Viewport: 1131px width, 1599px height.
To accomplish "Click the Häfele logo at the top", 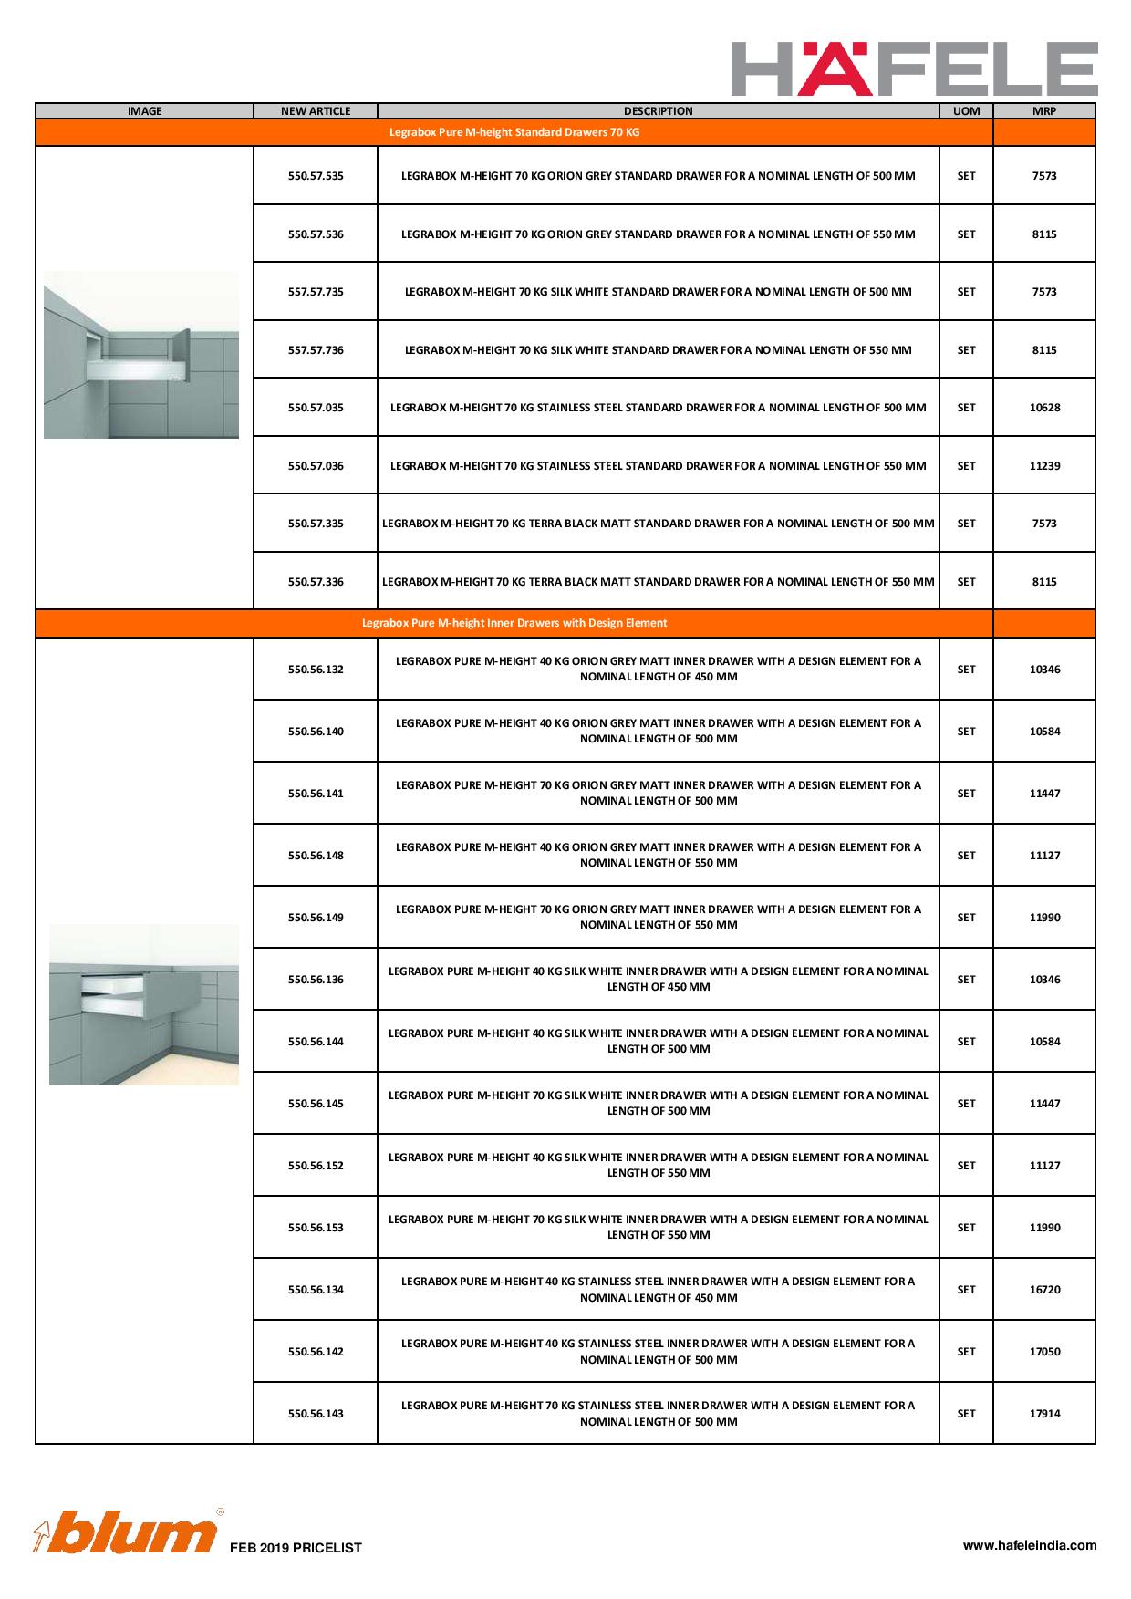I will point(914,68).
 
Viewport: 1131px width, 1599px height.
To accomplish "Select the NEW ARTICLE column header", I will point(316,111).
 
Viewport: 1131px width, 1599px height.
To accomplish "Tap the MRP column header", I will point(1044,111).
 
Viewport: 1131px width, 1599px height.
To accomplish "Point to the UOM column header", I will point(966,111).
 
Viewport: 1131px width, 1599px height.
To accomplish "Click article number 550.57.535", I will point(316,176).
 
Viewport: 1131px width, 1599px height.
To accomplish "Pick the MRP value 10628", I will point(1044,408).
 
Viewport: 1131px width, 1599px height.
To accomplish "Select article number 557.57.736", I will point(316,350).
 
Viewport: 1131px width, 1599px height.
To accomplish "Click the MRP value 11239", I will point(1044,466).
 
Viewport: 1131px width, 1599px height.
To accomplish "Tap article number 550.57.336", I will point(316,582).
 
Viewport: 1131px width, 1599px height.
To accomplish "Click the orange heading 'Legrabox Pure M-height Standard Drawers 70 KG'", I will point(514,132).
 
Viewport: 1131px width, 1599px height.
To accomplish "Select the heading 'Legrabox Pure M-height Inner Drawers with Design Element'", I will point(514,623).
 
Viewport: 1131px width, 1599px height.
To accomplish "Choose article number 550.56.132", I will point(316,670).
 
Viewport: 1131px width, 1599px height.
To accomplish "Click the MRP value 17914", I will point(1044,1414).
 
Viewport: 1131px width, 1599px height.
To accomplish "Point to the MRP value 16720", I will point(1044,1290).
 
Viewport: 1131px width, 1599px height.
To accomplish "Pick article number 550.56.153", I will point(316,1228).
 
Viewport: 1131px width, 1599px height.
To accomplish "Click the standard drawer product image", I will point(141,355).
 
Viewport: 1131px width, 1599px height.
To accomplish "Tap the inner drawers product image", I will point(144,1004).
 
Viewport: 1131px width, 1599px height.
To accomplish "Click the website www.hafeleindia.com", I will point(1030,1545).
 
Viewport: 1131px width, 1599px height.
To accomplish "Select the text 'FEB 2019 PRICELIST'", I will point(296,1548).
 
